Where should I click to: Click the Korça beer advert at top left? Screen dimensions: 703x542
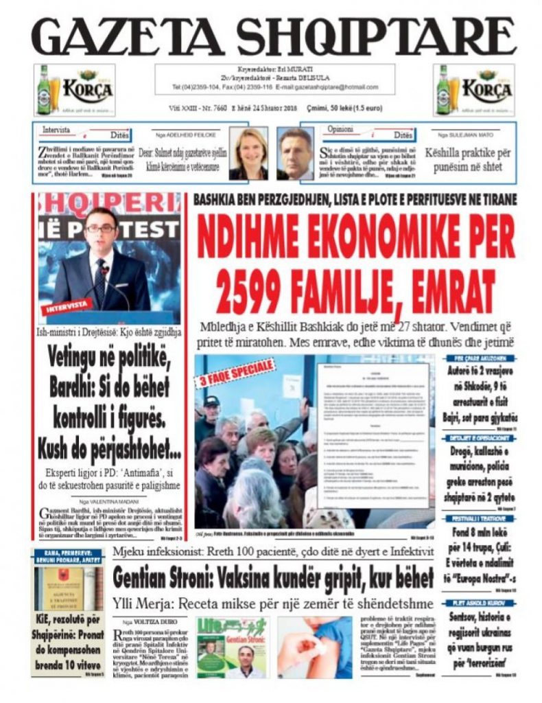(x=74, y=90)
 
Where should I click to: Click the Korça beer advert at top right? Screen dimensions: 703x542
(x=473, y=90)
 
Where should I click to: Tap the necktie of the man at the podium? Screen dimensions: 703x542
(x=100, y=281)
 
